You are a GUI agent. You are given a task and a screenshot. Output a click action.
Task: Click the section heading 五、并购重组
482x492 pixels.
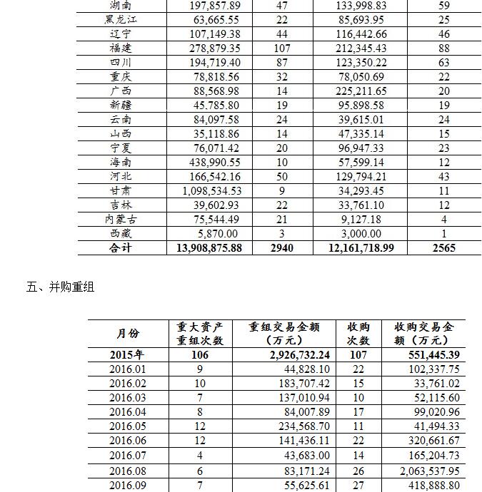(x=61, y=287)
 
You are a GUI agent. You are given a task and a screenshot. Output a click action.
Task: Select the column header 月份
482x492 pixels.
(x=128, y=334)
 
